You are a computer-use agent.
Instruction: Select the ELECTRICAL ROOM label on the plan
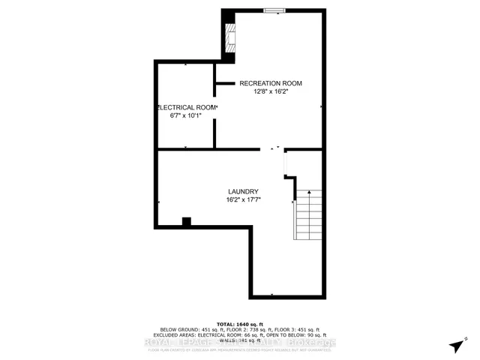tap(187, 108)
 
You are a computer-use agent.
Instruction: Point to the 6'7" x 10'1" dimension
tap(187, 117)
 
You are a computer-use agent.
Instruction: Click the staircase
tap(307, 213)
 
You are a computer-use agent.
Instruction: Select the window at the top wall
tap(274, 10)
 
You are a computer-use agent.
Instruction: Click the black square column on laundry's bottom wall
tap(187, 221)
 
